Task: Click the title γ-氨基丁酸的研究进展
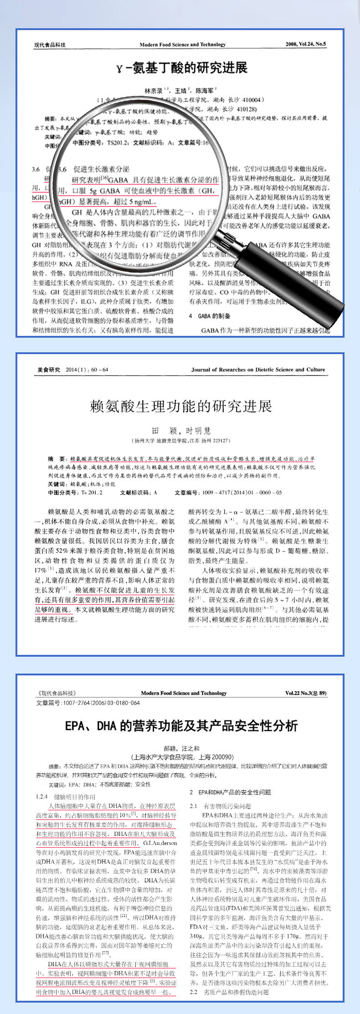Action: point(181,68)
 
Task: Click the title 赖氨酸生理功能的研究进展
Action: point(181,406)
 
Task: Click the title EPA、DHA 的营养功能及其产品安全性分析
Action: point(181,725)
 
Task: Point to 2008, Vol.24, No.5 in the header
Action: point(305,44)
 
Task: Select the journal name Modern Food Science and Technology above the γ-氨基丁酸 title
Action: point(182,45)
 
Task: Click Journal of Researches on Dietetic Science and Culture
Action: point(258,370)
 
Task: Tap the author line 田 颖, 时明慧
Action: point(181,431)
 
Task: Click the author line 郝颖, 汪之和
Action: point(181,748)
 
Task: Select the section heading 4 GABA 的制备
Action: point(210,316)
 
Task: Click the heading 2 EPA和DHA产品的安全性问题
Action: point(230,792)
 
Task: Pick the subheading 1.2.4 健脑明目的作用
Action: point(66,797)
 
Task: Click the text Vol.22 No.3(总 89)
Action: point(305,693)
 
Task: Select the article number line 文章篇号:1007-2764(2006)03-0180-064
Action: point(88,703)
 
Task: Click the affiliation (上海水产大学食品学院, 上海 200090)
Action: point(181,757)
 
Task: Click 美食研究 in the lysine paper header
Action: point(48,370)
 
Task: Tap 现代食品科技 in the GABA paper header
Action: point(50,45)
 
